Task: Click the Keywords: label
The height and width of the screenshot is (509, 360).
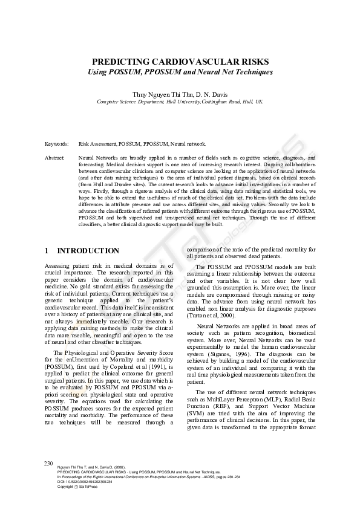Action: coord(56,144)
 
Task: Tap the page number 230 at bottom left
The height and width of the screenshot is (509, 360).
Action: coord(50,462)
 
